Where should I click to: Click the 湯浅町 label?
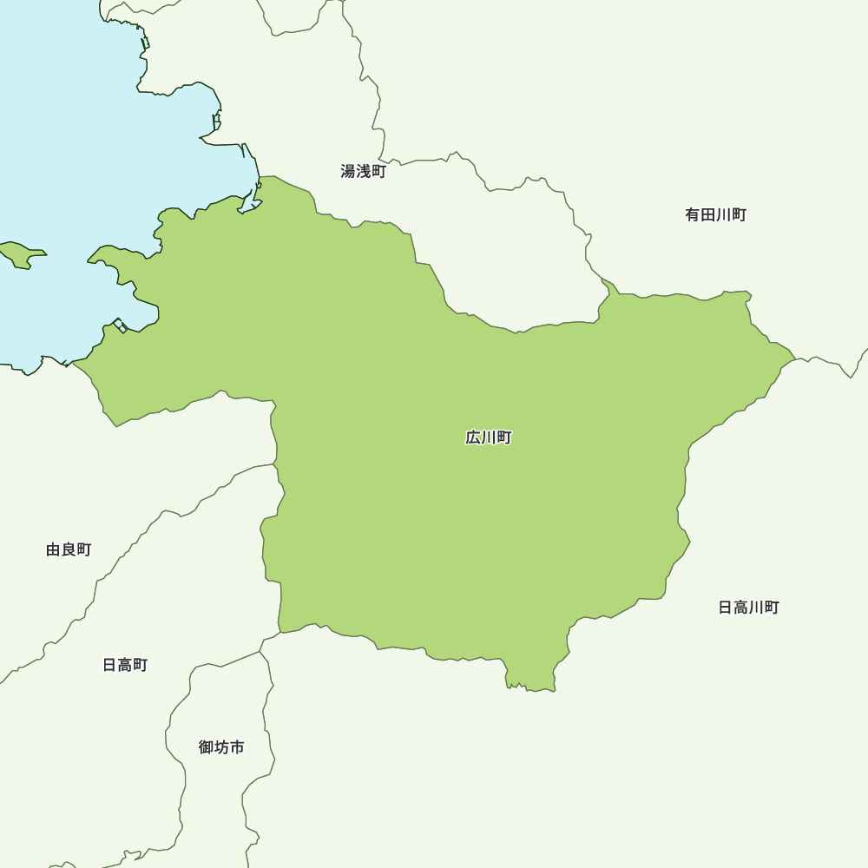coord(363,172)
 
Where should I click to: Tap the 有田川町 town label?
coord(715,215)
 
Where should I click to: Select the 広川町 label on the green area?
coord(489,437)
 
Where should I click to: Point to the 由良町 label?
coord(69,549)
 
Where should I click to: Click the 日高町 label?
coord(125,665)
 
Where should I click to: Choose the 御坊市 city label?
coord(221,746)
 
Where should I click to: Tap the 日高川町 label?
coord(748,608)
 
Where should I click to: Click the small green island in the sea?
coord(21,254)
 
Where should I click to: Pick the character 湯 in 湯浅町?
coord(348,172)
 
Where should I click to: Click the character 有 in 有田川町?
coord(693,215)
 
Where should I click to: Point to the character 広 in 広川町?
coord(473,437)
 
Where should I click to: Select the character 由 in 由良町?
coord(53,549)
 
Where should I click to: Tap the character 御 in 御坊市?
coord(206,746)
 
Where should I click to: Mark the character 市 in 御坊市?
coord(237,746)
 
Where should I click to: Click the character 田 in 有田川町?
coord(708,215)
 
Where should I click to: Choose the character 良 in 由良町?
coord(69,549)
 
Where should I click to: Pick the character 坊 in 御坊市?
coord(221,746)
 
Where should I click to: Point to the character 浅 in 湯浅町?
coord(363,172)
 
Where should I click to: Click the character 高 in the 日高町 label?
coord(125,665)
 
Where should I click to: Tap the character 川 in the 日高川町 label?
coord(756,608)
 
